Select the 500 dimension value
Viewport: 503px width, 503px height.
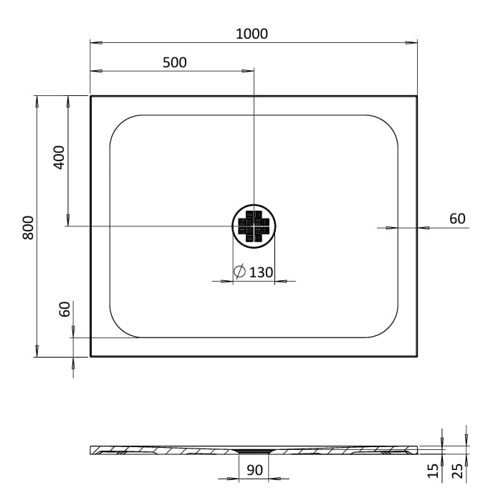click(x=174, y=62)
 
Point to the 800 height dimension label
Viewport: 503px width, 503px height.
click(x=28, y=227)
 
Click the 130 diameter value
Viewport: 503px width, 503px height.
click(x=262, y=272)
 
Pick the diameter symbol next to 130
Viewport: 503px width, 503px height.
click(x=240, y=272)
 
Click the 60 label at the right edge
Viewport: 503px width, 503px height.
click(x=457, y=219)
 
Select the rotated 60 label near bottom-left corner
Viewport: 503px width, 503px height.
click(x=64, y=310)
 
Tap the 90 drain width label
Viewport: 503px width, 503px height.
click(x=255, y=471)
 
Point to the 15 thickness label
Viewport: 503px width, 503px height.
click(x=432, y=471)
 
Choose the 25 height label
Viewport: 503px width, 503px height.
click(x=456, y=471)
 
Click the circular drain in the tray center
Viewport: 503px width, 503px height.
click(x=254, y=225)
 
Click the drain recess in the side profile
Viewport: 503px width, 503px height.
click(x=255, y=451)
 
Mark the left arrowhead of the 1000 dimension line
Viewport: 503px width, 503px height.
click(x=94, y=42)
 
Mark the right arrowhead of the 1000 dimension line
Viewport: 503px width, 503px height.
click(x=413, y=42)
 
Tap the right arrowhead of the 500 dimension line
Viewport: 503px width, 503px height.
click(x=249, y=71)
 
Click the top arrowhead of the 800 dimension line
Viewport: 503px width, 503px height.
click(x=37, y=99)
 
